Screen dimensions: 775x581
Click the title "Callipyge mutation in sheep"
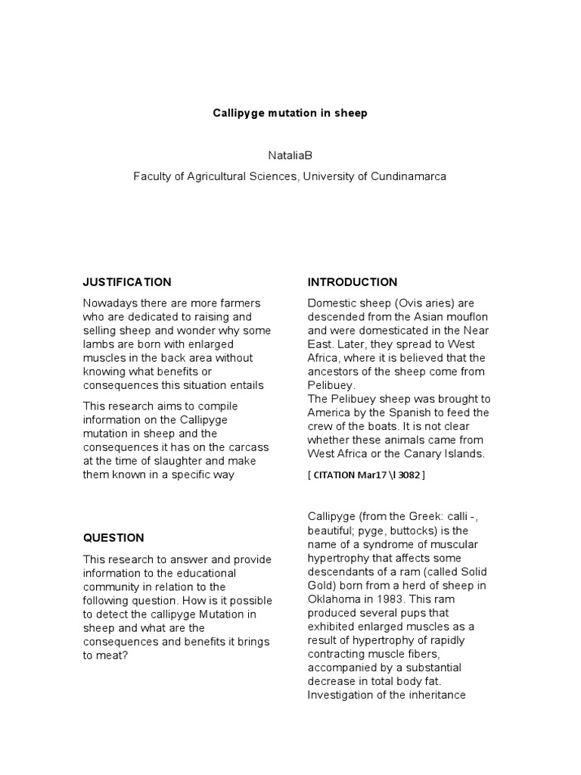click(x=290, y=113)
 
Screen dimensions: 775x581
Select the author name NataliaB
click(x=290, y=155)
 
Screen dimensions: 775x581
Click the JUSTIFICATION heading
click(x=127, y=282)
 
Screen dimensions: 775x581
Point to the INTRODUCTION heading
click(x=352, y=282)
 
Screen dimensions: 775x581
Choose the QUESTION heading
click(x=113, y=538)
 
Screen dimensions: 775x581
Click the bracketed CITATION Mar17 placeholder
click(x=366, y=475)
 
